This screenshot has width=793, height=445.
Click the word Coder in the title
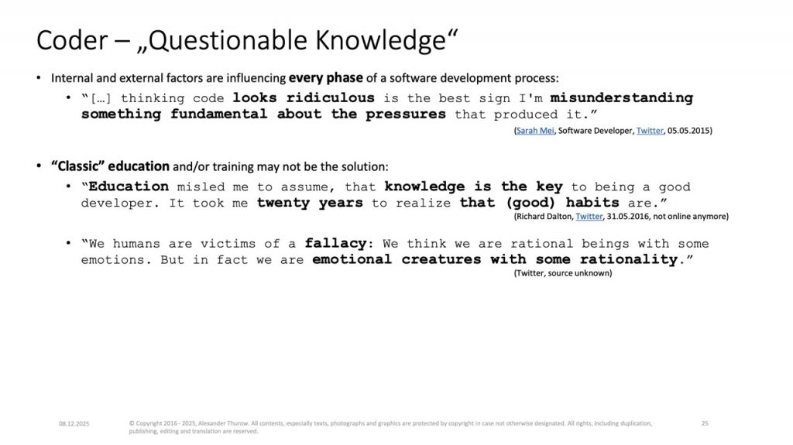(72, 40)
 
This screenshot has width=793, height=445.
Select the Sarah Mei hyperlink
(535, 131)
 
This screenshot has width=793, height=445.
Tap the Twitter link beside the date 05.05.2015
(650, 131)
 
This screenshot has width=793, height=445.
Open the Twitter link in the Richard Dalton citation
(589, 217)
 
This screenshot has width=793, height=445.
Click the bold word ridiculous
(330, 98)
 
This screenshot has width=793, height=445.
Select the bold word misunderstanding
(622, 98)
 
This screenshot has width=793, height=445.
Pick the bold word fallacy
(335, 244)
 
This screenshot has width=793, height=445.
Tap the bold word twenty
(283, 204)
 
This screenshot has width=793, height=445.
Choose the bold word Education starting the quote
(129, 187)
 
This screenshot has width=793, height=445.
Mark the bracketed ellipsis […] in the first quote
(101, 98)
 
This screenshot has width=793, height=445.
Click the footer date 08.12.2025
(74, 424)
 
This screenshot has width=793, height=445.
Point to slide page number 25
(705, 423)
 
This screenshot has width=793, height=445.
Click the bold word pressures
(406, 115)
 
